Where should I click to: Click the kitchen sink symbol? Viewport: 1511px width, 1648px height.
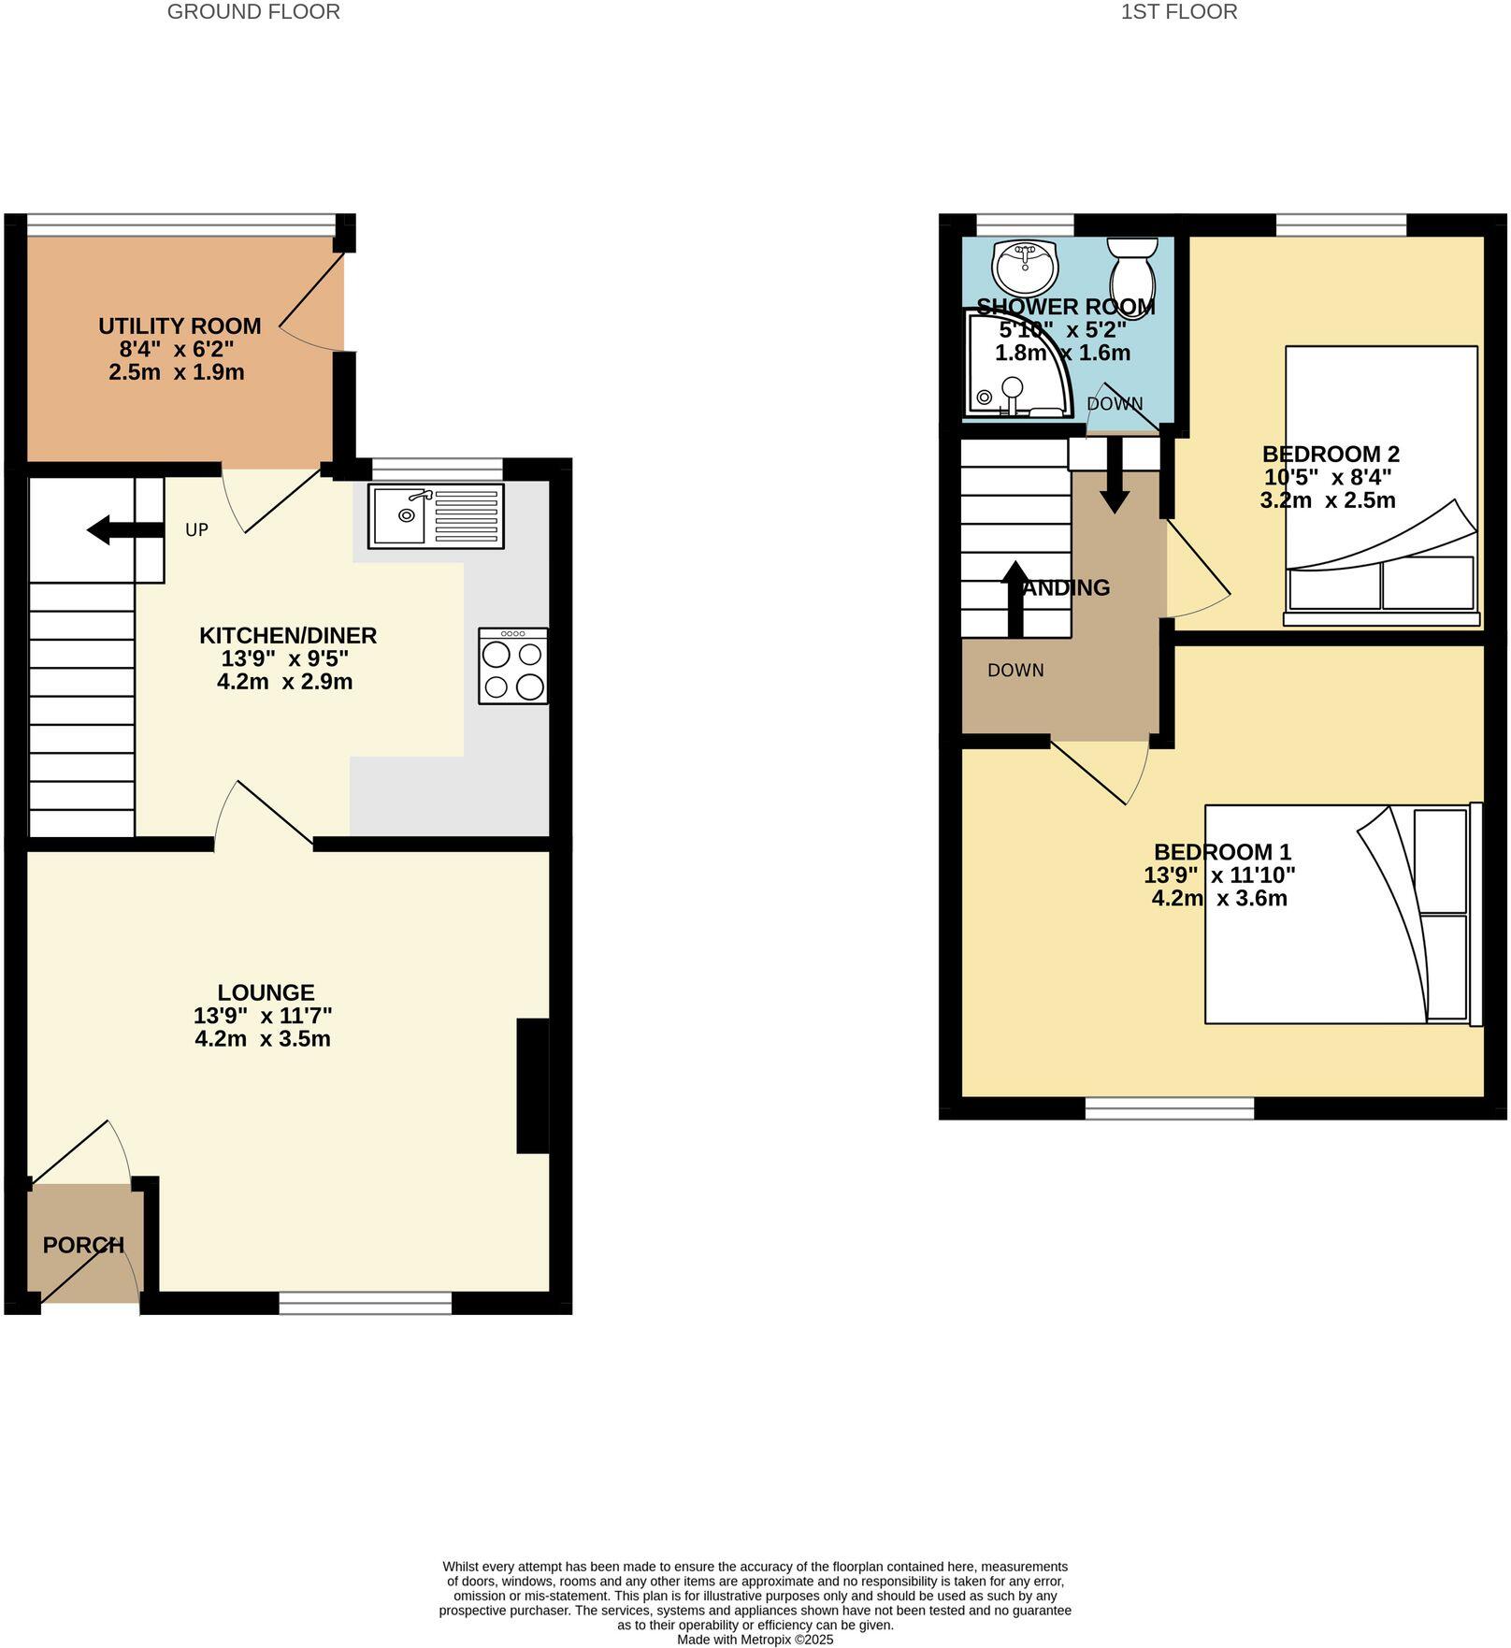pos(436,515)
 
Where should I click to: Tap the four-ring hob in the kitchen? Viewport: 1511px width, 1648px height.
pos(512,666)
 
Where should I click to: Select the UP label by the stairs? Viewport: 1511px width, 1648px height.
pos(196,530)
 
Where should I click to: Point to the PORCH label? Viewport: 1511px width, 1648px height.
pos(83,1245)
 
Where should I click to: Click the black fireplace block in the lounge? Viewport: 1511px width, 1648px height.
pos(532,1085)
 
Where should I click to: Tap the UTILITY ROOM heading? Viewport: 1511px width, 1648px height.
pos(180,326)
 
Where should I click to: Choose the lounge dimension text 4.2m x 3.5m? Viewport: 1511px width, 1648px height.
pos(263,1038)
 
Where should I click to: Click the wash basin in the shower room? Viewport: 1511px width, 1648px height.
pos(1026,267)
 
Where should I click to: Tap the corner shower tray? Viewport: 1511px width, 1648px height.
pos(1010,365)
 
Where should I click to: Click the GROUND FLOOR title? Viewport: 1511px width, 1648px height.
pos(253,12)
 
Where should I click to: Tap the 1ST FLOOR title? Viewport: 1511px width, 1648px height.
pos(1178,12)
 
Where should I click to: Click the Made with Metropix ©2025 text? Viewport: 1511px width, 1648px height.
pos(755,1639)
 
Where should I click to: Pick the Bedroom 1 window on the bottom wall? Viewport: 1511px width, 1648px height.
pos(1169,1108)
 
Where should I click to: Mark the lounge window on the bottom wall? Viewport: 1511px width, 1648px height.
pos(365,1303)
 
